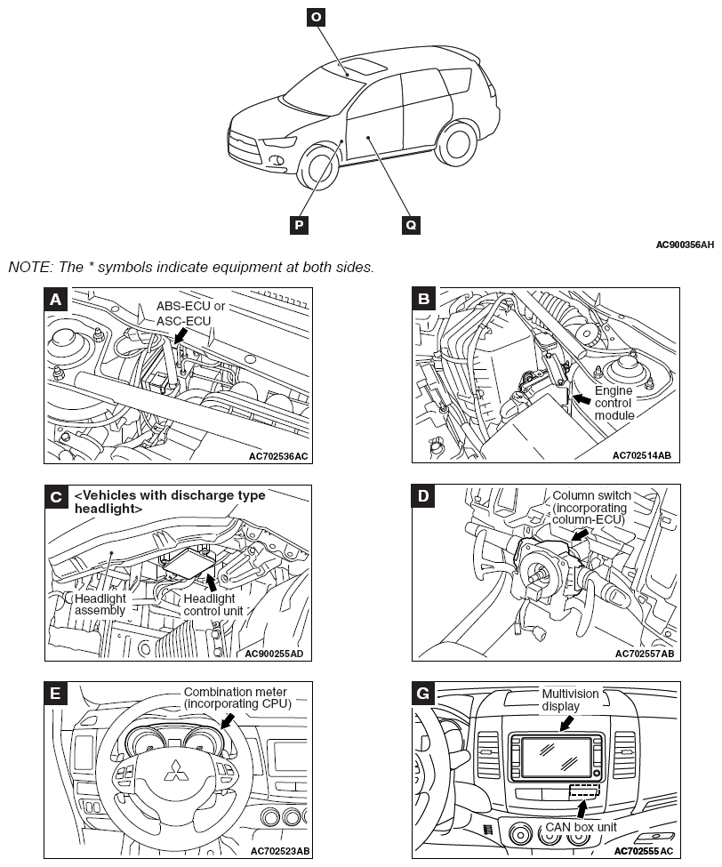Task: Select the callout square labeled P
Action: [x=300, y=224]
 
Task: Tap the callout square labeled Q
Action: [x=411, y=224]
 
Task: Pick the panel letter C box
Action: [x=56, y=496]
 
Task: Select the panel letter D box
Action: [x=424, y=496]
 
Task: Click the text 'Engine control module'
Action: [x=614, y=402]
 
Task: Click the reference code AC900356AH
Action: [x=686, y=244]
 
